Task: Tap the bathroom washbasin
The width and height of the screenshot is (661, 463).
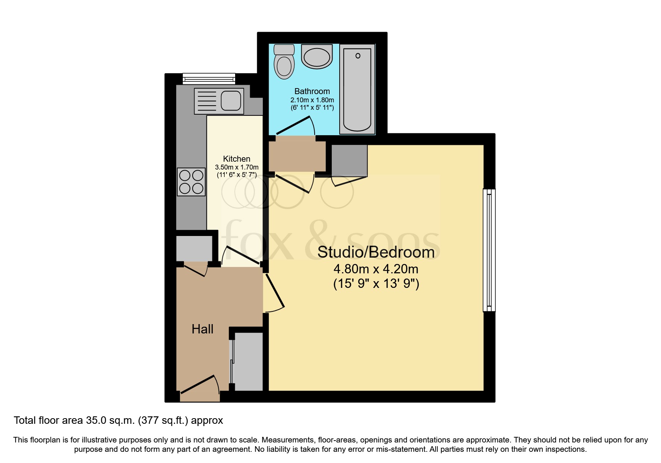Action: (x=317, y=57)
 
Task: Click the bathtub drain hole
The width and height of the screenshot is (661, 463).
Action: (x=358, y=56)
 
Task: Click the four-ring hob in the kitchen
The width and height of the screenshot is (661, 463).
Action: (x=191, y=182)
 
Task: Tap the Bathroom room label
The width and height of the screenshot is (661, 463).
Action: (x=312, y=91)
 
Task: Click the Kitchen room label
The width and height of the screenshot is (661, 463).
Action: (x=237, y=159)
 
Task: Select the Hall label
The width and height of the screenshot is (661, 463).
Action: (x=202, y=329)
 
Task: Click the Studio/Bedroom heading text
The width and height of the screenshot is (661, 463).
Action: (x=376, y=252)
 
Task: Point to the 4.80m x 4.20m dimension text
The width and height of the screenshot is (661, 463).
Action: (x=376, y=269)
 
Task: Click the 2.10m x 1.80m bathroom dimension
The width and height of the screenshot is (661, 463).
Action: (x=312, y=100)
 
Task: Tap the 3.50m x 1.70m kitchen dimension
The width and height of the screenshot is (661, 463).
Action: (x=237, y=167)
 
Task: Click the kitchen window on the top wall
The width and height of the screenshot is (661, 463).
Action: (x=209, y=78)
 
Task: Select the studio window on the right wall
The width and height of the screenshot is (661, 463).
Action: (x=489, y=250)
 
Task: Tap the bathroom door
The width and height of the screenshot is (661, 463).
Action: (x=293, y=125)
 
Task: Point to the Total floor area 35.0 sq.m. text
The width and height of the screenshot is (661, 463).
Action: (x=118, y=420)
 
